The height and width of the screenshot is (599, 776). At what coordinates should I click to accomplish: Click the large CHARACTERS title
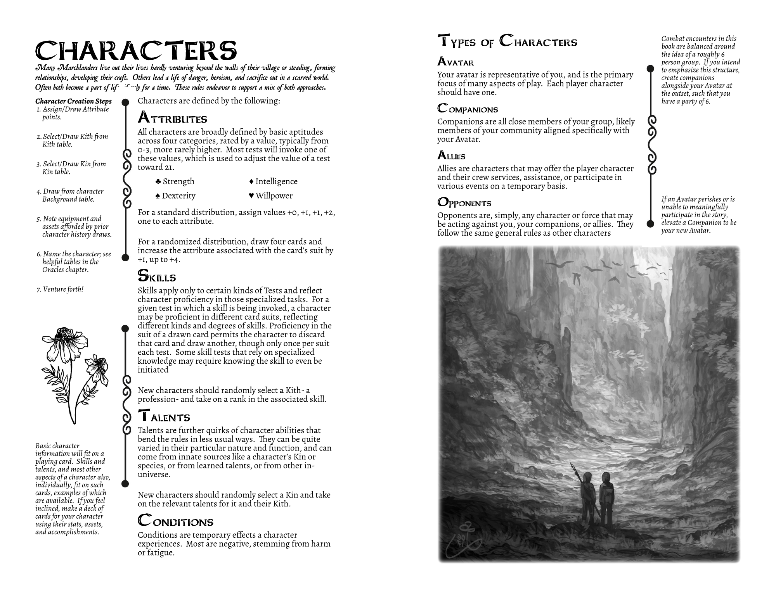(136, 51)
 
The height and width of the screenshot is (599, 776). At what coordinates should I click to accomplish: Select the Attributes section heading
(172, 117)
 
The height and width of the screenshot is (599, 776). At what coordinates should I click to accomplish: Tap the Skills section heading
(157, 276)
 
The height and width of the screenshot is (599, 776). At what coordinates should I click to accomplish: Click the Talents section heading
(164, 416)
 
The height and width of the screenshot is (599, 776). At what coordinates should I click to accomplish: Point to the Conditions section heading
(175, 521)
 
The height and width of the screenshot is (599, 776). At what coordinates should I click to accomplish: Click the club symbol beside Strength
(158, 181)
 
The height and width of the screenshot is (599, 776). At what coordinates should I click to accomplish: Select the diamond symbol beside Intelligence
(251, 181)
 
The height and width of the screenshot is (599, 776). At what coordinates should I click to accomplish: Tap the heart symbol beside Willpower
(251, 196)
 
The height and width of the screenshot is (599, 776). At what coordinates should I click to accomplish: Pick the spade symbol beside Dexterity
(158, 196)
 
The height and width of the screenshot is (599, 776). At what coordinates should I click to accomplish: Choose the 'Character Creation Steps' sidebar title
(73, 101)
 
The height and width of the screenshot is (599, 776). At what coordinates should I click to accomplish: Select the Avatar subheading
(456, 62)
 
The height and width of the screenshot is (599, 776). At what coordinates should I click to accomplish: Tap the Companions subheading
(468, 109)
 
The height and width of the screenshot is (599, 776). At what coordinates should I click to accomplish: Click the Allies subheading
(451, 155)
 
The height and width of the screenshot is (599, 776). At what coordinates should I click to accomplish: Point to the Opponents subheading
(464, 202)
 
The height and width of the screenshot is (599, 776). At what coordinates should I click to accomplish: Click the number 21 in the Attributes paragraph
(169, 167)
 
